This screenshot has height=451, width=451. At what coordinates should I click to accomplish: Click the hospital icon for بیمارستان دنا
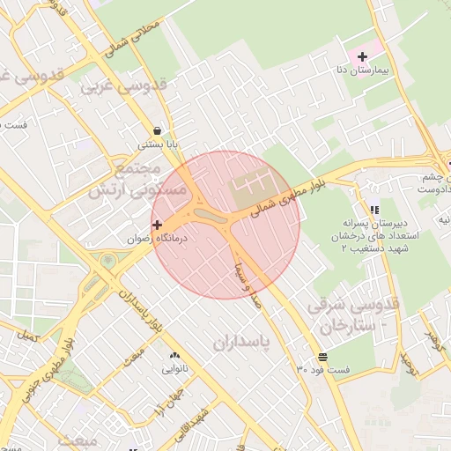(362, 57)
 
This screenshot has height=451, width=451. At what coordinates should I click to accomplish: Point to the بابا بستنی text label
(158, 144)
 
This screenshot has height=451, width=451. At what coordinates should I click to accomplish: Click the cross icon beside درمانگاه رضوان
(158, 225)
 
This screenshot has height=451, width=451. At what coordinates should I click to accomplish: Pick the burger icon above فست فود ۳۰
(324, 357)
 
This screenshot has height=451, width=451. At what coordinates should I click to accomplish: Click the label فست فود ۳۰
(322, 369)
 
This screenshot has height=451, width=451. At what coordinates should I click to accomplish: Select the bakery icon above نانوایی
(174, 356)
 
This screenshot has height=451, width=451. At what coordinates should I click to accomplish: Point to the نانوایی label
(174, 369)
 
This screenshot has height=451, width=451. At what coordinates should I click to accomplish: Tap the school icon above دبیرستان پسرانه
(374, 211)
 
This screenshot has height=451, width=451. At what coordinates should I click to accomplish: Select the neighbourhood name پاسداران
(238, 339)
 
